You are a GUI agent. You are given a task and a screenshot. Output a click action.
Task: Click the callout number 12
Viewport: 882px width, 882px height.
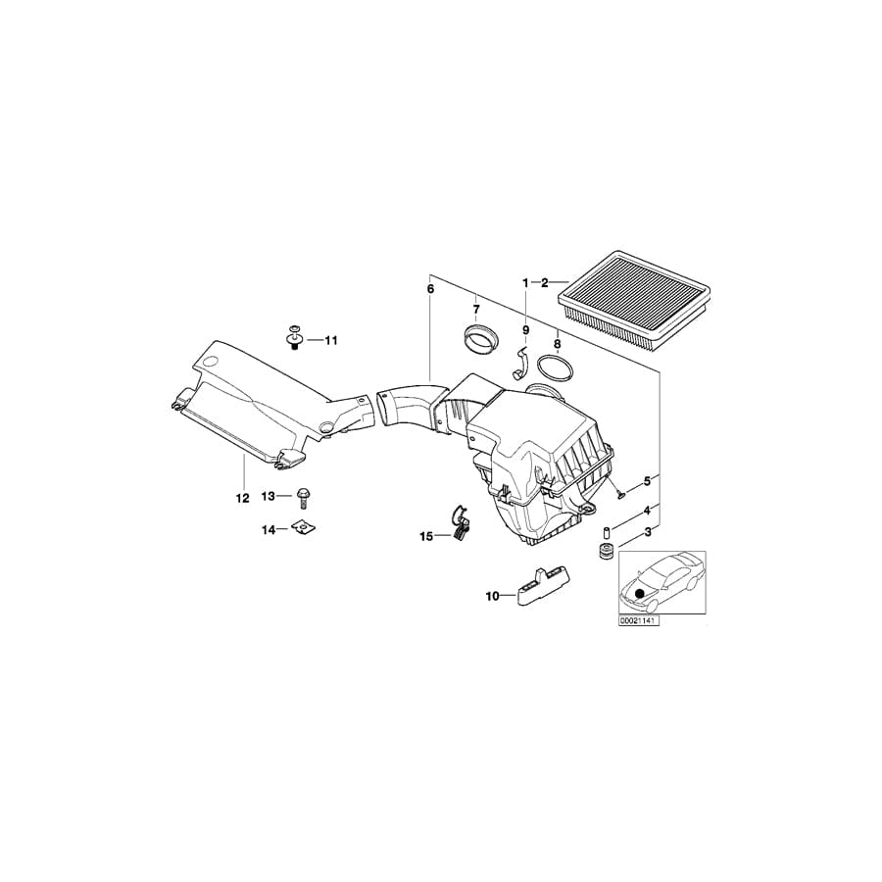pos(241,498)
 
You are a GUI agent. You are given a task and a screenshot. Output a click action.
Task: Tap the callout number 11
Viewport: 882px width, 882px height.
pos(330,340)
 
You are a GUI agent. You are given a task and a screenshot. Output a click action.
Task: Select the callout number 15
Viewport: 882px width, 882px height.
pos(425,536)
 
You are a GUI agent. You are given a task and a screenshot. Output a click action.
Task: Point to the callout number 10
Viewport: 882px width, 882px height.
pos(492,595)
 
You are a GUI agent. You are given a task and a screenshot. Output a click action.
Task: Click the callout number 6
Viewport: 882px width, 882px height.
pos(428,289)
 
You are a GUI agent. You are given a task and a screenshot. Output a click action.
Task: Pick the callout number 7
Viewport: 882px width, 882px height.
pos(476,310)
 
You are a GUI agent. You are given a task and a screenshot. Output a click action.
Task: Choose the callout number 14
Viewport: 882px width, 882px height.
pos(268,530)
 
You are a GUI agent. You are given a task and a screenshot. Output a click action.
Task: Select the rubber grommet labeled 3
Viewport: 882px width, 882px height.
pos(606,552)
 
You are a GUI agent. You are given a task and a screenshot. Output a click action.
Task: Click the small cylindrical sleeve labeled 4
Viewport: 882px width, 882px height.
pos(606,532)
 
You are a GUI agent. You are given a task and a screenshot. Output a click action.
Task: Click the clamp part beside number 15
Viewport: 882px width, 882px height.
pos(459,521)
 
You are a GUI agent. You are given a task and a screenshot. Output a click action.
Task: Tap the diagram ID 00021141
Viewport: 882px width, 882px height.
pos(638,620)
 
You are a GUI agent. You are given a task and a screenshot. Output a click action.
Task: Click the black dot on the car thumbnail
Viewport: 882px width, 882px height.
pos(641,593)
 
